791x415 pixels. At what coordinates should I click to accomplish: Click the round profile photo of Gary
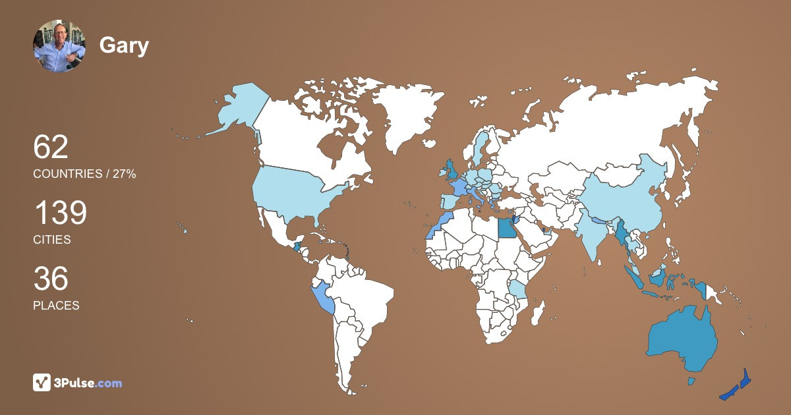coord(59,45)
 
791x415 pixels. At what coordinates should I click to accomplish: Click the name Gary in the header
coord(124,45)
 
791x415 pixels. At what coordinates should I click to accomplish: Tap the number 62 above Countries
coord(51,147)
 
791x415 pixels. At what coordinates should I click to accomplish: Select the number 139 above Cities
coord(60,213)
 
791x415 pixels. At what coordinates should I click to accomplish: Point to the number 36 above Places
coord(51,279)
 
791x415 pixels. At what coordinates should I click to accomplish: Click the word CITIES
coord(52,240)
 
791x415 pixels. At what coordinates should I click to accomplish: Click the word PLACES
coord(56,306)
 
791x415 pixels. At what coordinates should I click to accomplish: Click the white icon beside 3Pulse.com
coord(42,383)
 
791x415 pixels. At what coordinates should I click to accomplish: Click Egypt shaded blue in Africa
coord(506,228)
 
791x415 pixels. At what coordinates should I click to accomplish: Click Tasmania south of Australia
coord(691,381)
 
